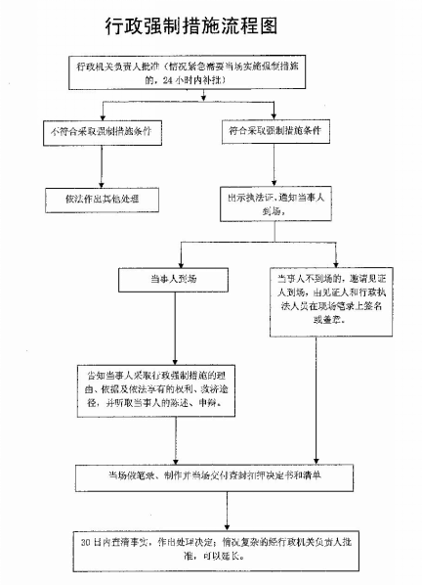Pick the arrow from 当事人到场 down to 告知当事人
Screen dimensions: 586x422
[174, 328]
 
